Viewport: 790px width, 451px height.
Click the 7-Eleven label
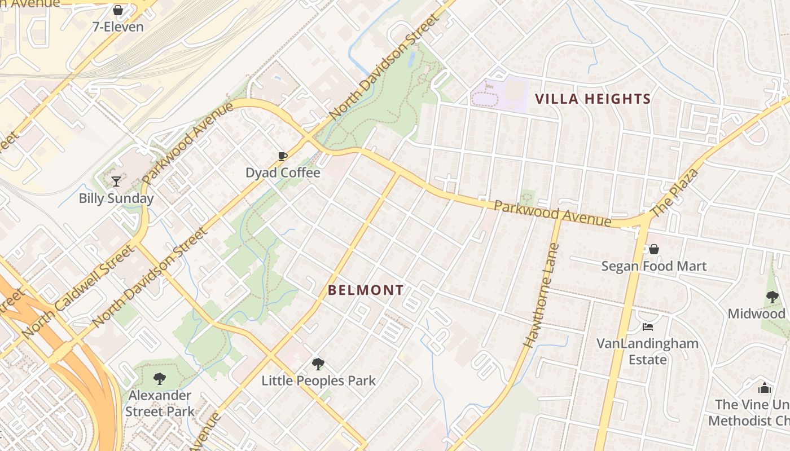pos(118,26)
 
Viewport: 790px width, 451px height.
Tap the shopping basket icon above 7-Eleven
pos(118,10)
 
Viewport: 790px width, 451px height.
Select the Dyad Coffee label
pos(283,173)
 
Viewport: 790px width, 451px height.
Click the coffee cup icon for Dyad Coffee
pos(283,156)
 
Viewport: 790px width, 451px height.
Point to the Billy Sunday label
pos(116,198)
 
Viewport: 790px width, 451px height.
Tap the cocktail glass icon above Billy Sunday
pos(116,181)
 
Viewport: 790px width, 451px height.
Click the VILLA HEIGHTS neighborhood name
pos(593,99)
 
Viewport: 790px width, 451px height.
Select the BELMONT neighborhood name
pos(366,290)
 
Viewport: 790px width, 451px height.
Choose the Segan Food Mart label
pos(654,266)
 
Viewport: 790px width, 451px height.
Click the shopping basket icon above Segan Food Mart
pos(654,249)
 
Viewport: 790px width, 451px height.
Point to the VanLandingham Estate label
pos(648,351)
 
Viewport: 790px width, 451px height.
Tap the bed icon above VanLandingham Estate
pos(648,327)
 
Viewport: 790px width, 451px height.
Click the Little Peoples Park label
pos(318,381)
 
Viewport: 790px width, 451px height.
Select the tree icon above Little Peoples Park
pos(318,364)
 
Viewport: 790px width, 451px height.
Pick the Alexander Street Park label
pos(160,403)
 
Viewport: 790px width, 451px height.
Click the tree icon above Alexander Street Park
pos(160,378)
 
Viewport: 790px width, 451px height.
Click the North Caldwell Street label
pos(78,291)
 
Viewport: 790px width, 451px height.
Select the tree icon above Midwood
pos(773,297)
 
